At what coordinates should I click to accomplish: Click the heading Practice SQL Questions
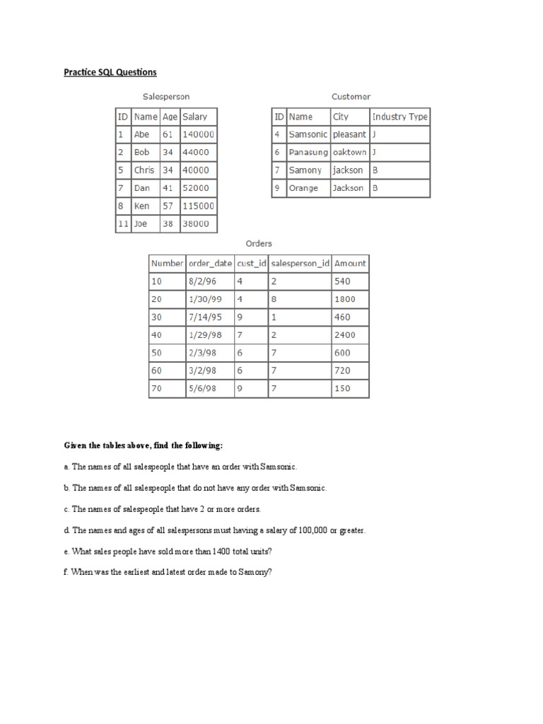(x=110, y=72)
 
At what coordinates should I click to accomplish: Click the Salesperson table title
(x=166, y=96)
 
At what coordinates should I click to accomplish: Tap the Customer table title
(x=351, y=96)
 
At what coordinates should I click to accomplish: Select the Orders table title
(x=258, y=243)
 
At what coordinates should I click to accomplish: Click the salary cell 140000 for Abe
(x=199, y=134)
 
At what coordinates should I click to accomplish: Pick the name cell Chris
(x=144, y=170)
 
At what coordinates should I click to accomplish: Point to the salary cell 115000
(x=199, y=206)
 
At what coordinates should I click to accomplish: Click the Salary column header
(x=194, y=117)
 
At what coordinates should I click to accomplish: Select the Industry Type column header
(x=399, y=117)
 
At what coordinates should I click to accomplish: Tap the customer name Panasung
(x=308, y=152)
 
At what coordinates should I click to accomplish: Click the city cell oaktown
(x=349, y=152)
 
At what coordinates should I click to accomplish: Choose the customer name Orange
(x=304, y=188)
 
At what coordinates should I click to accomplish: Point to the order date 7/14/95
(x=204, y=317)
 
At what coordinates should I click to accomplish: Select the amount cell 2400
(x=345, y=335)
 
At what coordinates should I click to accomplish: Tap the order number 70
(x=156, y=389)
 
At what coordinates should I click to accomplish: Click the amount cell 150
(x=342, y=389)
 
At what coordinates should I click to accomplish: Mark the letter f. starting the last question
(x=66, y=571)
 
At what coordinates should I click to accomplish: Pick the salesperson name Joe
(x=141, y=224)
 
